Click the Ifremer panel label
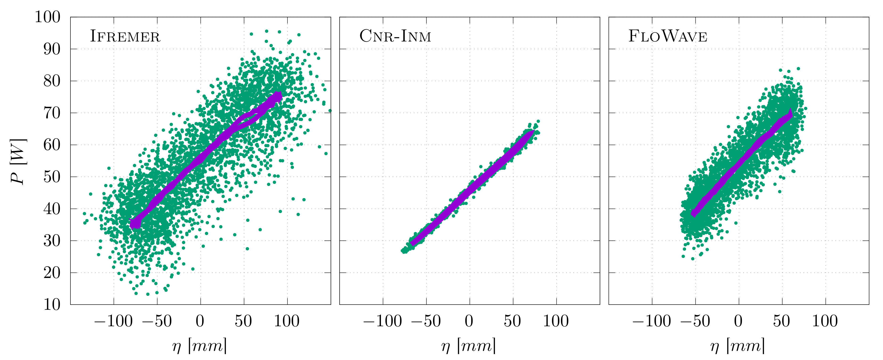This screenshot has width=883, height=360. coord(125,36)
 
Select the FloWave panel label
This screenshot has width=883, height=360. coord(667,36)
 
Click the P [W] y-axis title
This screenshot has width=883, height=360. coord(18,161)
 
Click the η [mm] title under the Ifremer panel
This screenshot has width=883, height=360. coord(200,346)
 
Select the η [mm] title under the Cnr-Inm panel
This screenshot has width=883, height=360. coord(469,346)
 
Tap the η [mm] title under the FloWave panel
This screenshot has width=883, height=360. coord(738,346)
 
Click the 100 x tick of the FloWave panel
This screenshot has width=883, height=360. coord(825,322)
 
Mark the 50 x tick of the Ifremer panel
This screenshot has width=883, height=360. coord(243,322)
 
